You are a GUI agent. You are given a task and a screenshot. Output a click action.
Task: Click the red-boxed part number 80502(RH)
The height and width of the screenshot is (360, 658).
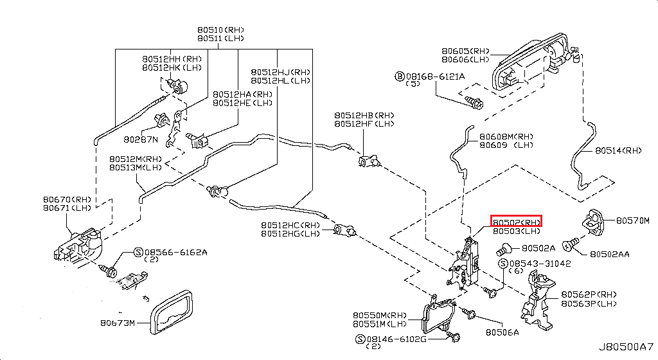pos(517,221)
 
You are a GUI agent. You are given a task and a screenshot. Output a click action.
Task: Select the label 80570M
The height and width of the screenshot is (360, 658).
pos(633,221)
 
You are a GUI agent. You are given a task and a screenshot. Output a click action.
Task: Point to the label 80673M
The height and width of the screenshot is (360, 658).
pos(118,323)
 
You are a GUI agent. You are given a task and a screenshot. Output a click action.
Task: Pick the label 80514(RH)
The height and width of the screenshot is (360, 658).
pos(618,150)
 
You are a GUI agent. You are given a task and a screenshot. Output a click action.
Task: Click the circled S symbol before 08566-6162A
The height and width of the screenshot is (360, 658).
pos(138,252)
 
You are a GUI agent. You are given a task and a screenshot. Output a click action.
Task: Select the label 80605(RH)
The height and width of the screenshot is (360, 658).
pos(465,50)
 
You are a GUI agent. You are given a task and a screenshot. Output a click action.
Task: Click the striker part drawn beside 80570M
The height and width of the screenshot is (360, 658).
pos(594,221)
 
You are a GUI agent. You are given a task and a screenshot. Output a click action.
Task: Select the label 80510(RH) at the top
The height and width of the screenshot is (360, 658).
pos(220,30)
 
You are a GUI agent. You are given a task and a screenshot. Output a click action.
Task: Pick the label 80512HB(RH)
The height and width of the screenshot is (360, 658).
pos(364,115)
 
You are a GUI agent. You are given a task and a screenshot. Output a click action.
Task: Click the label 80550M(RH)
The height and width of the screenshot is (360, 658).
pos(380,315)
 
